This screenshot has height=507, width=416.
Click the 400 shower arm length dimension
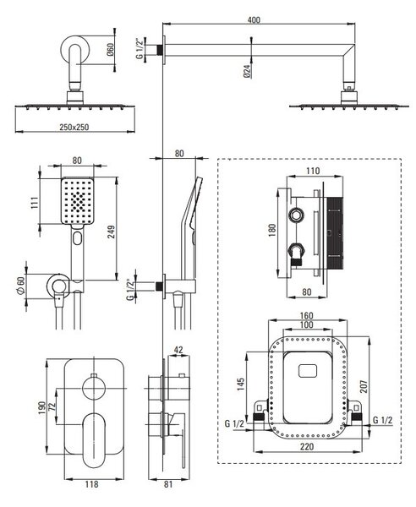254,20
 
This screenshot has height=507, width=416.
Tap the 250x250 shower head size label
74,127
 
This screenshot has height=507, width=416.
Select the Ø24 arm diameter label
247,71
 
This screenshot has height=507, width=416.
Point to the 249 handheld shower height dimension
112,232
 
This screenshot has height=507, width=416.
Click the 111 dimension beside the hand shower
35,203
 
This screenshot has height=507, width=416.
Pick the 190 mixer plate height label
41,408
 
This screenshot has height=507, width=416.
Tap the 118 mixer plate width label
91,484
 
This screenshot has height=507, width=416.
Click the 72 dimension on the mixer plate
52,406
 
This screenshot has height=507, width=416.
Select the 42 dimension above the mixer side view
178,350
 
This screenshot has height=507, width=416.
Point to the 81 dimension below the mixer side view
168,484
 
